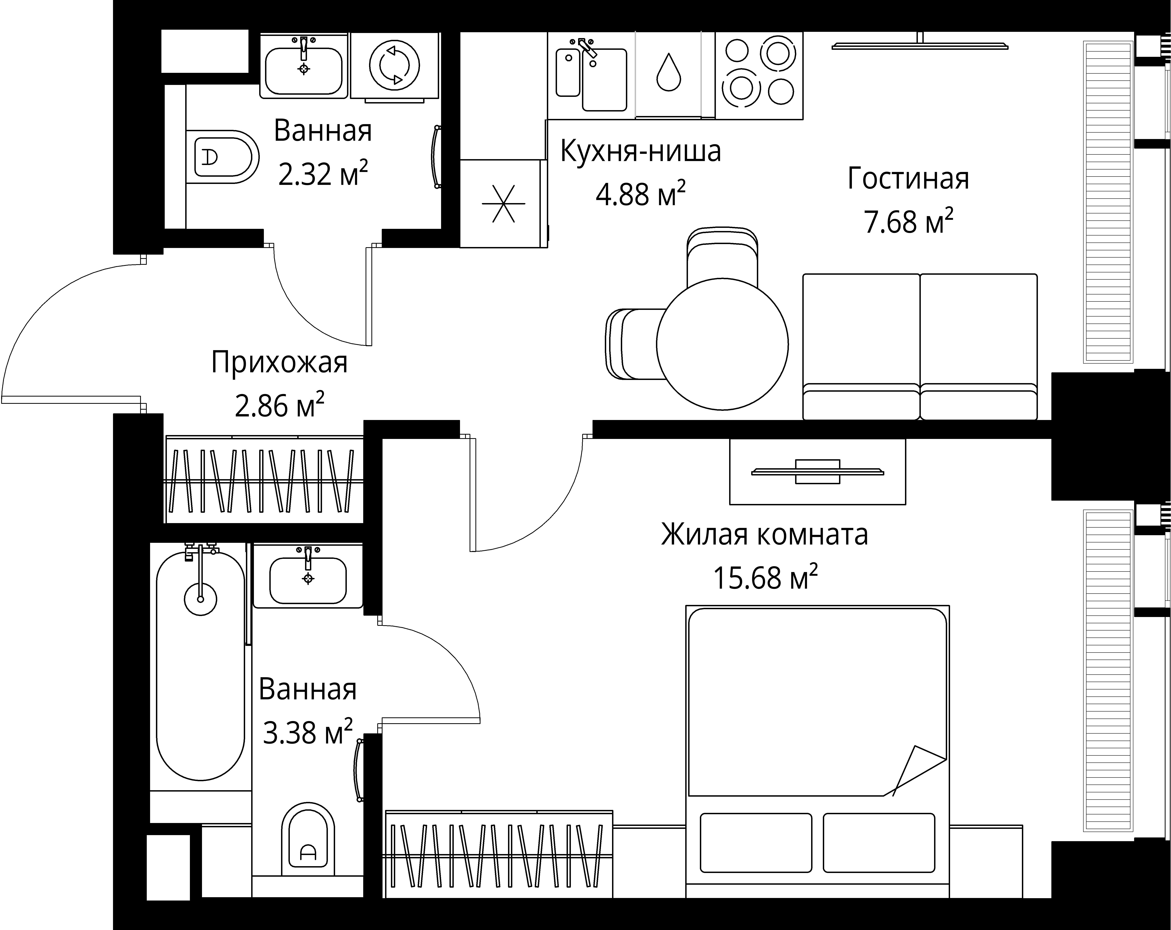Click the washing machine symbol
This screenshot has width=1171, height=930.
(394, 65)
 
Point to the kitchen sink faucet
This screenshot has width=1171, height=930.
(587, 48)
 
